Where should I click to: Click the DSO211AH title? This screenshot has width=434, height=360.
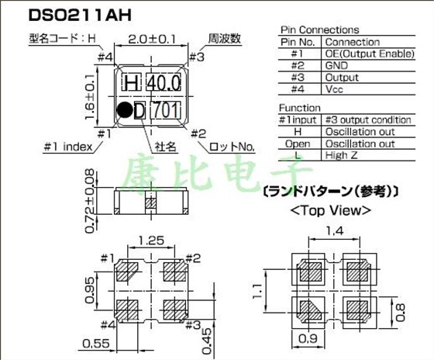coord(80,16)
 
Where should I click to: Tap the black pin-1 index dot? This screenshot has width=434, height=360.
coord(125,109)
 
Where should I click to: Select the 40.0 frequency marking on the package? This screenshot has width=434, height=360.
coord(164,83)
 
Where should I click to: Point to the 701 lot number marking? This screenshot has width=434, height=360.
coord(166,110)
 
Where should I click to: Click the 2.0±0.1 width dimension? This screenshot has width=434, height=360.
coord(152,40)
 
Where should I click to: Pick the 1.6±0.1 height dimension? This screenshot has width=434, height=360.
coord(90,96)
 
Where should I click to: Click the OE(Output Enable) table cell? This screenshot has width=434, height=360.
coord(370,54)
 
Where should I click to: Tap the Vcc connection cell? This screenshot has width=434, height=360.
coord(334,89)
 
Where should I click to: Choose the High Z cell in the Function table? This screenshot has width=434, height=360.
coord(342,155)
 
